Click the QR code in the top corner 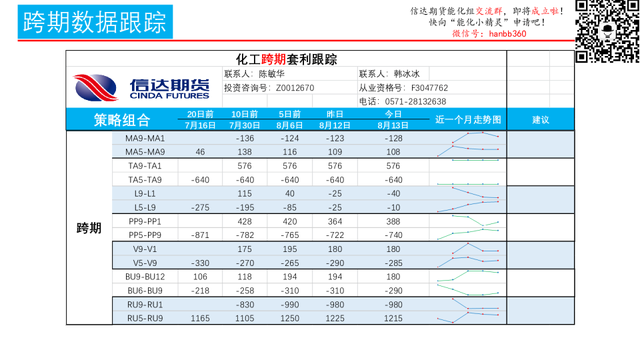pyautogui.click(x=607, y=31)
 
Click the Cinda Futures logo pyautogui.click(x=142, y=88)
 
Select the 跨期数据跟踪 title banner pyautogui.click(x=94, y=22)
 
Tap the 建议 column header pyautogui.click(x=541, y=120)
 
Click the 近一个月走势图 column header pyautogui.click(x=467, y=120)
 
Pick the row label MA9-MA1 pyautogui.click(x=145, y=139)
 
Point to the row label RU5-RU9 pyautogui.click(x=145, y=319)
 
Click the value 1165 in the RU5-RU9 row pyautogui.click(x=200, y=319)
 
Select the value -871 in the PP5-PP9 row pyautogui.click(x=200, y=235)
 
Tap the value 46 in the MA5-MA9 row pyautogui.click(x=200, y=152)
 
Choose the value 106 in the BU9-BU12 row pyautogui.click(x=200, y=277)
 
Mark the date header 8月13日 pyautogui.click(x=393, y=125)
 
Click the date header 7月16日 pyautogui.click(x=200, y=125)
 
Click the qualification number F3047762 pyautogui.click(x=429, y=87)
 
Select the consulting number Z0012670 pyautogui.click(x=295, y=87)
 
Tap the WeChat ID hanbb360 pyautogui.click(x=507, y=33)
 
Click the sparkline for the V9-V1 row pyautogui.click(x=467, y=249)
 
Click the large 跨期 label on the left pyautogui.click(x=89, y=228)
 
